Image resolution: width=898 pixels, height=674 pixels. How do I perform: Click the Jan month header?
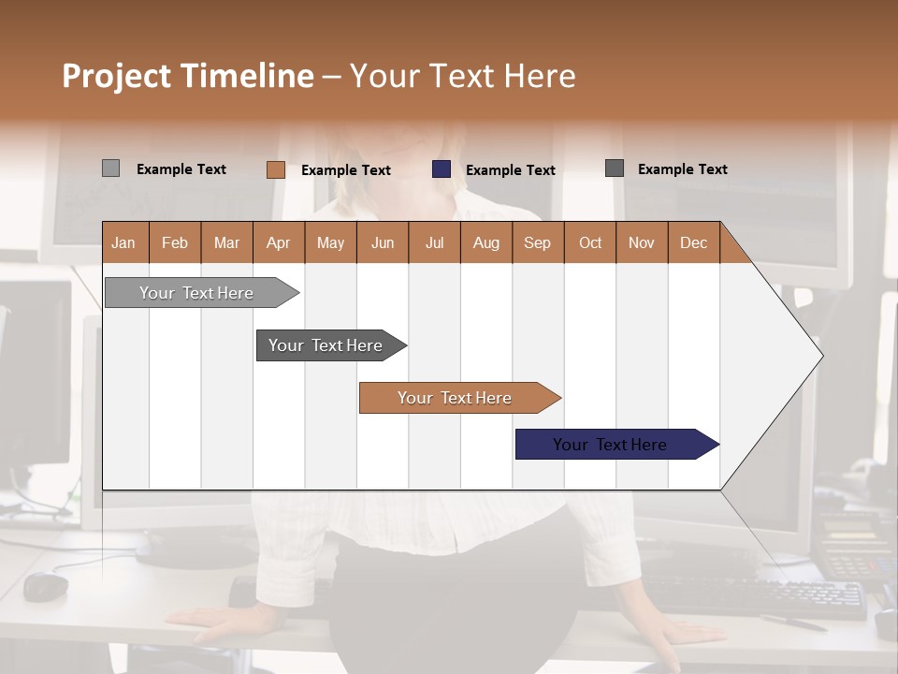point(124,242)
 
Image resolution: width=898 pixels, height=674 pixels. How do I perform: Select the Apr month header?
point(278,242)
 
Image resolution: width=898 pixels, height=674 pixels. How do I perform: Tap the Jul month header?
point(434,242)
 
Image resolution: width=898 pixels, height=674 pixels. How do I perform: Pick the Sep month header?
point(537,242)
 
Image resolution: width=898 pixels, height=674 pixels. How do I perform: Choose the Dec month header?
point(693,242)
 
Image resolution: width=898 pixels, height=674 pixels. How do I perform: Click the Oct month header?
point(589,242)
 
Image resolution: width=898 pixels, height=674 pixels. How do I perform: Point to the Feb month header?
point(175,242)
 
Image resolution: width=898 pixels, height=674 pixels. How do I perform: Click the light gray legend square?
point(110,168)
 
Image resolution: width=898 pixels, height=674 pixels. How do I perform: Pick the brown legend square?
point(275,169)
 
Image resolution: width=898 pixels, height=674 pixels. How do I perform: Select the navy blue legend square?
point(442,169)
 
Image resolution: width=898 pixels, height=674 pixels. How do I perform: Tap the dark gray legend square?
point(615,168)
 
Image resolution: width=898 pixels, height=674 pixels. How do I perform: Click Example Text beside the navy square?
point(510,170)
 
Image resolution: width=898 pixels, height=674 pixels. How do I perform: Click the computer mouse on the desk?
point(46,586)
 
